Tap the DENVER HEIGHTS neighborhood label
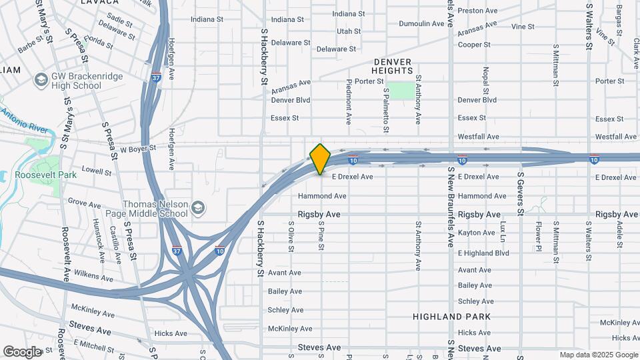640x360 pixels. click(393, 65)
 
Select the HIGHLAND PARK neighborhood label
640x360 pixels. click(451, 317)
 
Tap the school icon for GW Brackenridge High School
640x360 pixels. click(41, 81)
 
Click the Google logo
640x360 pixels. click(22, 351)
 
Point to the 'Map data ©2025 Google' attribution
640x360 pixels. click(597, 355)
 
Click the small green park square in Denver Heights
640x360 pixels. click(400, 91)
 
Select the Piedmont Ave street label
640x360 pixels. click(349, 102)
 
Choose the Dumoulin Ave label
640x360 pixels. click(421, 24)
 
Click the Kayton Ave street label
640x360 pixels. click(477, 233)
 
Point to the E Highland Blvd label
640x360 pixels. click(483, 253)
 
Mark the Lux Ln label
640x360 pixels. click(503, 230)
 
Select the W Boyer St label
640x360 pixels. click(137, 148)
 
